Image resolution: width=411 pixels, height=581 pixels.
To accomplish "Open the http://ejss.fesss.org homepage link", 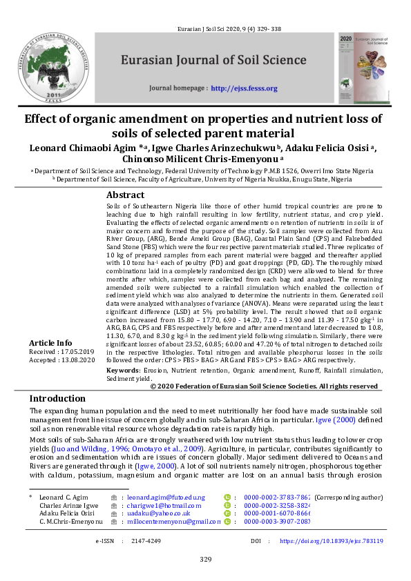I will [244, 88].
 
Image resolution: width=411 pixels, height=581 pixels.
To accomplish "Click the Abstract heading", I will [125, 195].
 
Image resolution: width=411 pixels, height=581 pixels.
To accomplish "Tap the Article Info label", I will [50, 343].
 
